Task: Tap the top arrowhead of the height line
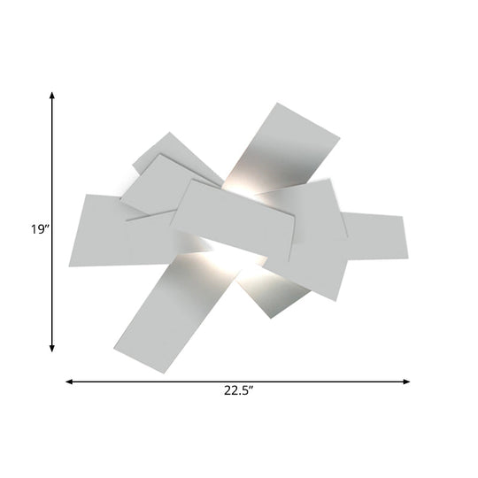point(53,96)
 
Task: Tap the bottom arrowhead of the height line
point(53,349)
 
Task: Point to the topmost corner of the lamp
point(276,104)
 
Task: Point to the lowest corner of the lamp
point(161,373)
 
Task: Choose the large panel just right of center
point(305,235)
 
